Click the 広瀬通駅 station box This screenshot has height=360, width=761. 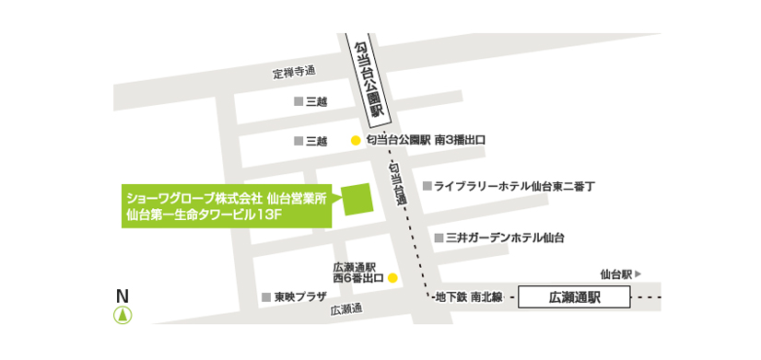(574, 297)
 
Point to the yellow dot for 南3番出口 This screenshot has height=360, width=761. (355, 141)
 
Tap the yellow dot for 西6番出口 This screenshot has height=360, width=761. (392, 276)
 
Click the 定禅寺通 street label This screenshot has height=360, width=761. (294, 72)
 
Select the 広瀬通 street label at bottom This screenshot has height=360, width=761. (347, 310)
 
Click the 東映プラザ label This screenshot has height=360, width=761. (300, 297)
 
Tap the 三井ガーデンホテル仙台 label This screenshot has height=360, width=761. (505, 238)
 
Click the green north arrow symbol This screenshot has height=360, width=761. (123, 315)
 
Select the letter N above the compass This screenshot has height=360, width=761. (123, 296)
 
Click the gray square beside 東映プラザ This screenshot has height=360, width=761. (265, 297)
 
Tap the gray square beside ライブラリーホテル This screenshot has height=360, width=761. (427, 186)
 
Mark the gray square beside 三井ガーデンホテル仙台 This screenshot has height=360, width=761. (439, 238)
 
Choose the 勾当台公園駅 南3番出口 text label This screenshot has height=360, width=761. (425, 140)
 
